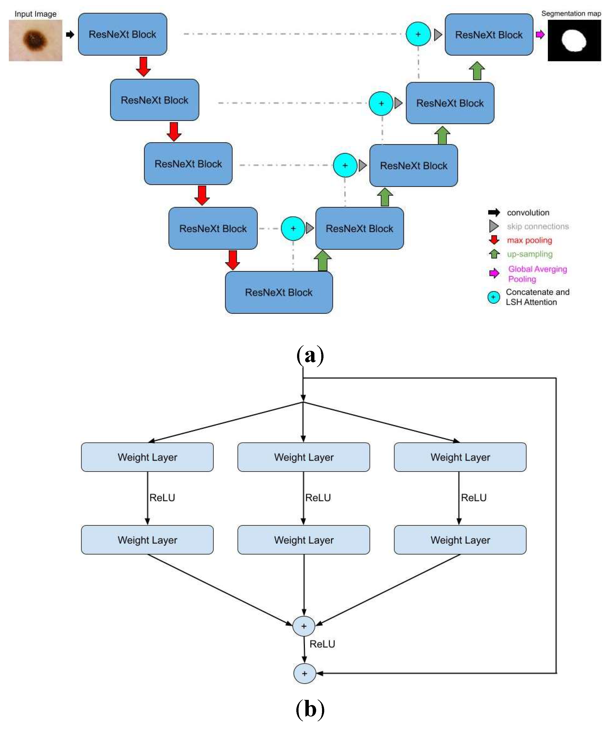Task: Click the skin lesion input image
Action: pyautogui.click(x=35, y=40)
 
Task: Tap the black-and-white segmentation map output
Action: pyautogui.click(x=574, y=40)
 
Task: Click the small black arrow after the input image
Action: pyautogui.click(x=70, y=34)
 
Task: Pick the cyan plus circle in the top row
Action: pyautogui.click(x=418, y=34)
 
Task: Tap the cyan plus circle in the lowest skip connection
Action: pyautogui.click(x=293, y=228)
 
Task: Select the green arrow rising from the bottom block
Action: pyautogui.click(x=323, y=261)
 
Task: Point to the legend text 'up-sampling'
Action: pyautogui.click(x=530, y=254)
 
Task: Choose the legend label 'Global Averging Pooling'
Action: pyautogui.click(x=537, y=274)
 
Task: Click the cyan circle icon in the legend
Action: pyautogui.click(x=493, y=297)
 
